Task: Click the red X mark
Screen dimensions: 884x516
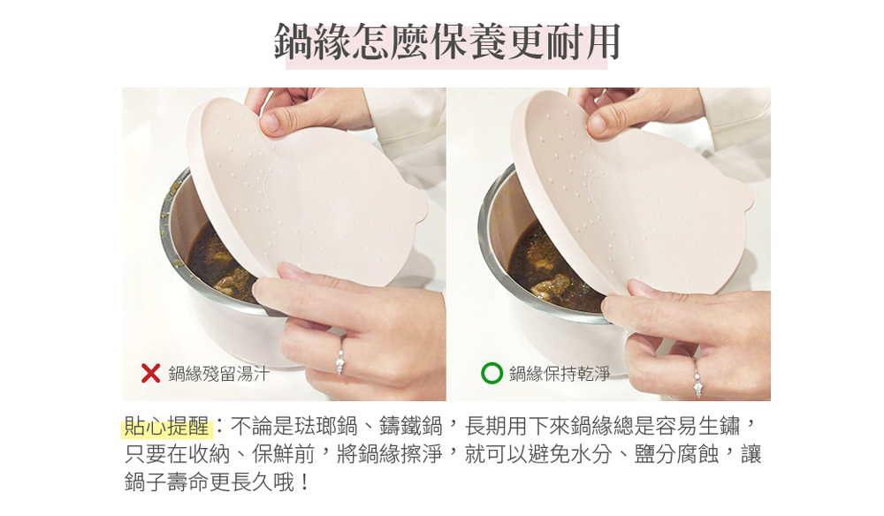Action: point(150,373)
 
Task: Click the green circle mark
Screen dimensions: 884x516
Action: point(492,373)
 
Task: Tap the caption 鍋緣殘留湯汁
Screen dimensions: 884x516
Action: point(218,374)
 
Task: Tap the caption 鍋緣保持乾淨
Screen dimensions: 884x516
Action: point(560,374)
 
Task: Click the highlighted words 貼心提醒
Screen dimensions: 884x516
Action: point(166,427)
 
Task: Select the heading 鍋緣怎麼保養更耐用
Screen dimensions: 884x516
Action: point(446,42)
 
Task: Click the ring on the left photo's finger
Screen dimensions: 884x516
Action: point(340,360)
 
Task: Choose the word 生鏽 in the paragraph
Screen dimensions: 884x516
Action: point(719,427)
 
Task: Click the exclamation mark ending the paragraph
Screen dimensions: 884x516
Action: point(304,482)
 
